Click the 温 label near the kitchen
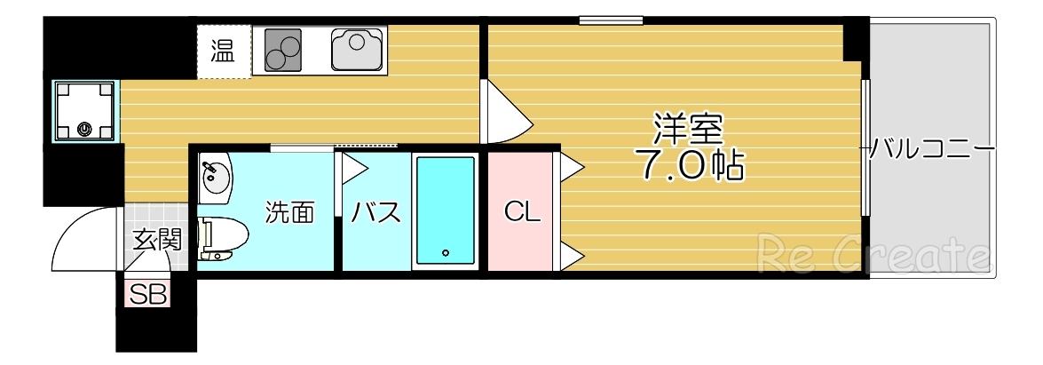[x=223, y=52]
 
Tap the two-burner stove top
[x=282, y=50]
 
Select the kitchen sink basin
[x=357, y=50]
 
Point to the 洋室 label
[x=688, y=130]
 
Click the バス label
[x=375, y=212]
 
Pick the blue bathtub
[x=446, y=210]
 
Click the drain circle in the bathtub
[x=446, y=251]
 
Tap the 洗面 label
[x=290, y=212]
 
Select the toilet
[x=222, y=238]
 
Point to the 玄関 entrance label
[x=157, y=240]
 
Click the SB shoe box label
[x=148, y=294]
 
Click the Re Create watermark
[x=873, y=256]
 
